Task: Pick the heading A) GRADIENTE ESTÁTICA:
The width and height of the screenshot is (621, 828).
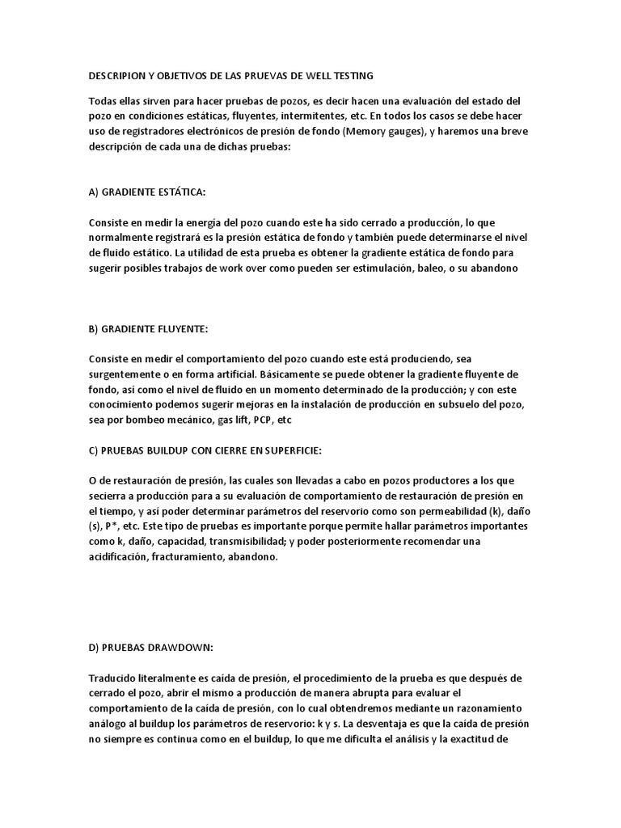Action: [x=146, y=192]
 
